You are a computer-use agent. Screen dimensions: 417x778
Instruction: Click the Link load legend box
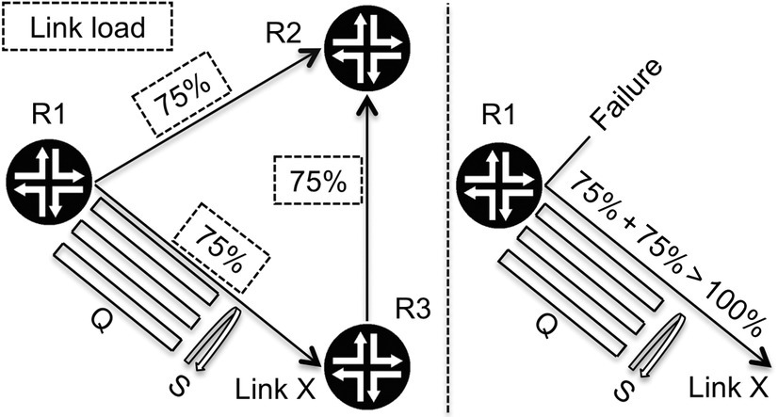[88, 27]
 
